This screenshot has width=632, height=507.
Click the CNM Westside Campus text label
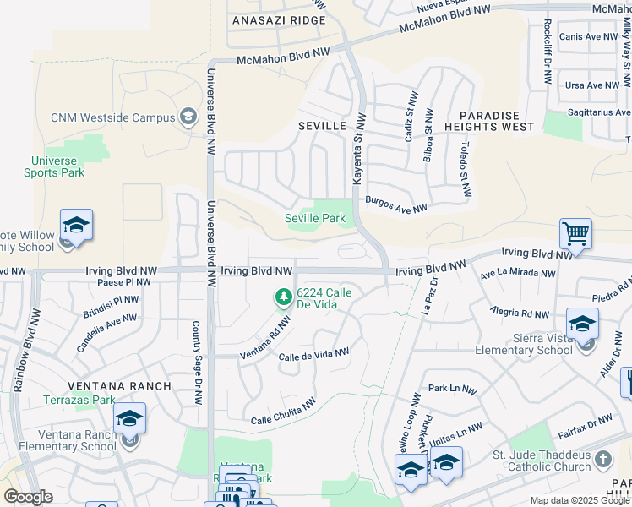[x=112, y=117]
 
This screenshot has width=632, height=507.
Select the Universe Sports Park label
[x=58, y=166]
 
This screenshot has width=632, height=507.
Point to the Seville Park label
[x=314, y=218]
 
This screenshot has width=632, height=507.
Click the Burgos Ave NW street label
[x=396, y=204]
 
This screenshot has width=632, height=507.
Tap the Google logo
[x=28, y=497]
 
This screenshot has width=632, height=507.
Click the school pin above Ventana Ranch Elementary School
[x=129, y=418]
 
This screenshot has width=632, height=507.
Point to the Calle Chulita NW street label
[x=283, y=411]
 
